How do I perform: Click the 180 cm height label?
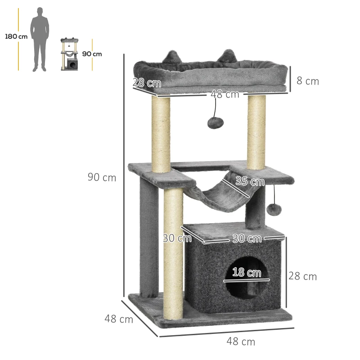point(16,36)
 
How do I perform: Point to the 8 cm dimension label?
point(308,81)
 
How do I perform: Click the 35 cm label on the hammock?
point(250,181)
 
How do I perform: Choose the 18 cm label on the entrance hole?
point(247,273)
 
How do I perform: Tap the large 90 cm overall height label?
point(102,177)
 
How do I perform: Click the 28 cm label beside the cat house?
point(302,276)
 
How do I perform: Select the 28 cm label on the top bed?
point(147,83)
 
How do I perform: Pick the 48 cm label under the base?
point(241,342)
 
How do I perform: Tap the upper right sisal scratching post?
point(256,130)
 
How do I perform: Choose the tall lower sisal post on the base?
point(173,252)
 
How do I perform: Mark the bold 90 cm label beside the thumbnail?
point(92,54)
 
